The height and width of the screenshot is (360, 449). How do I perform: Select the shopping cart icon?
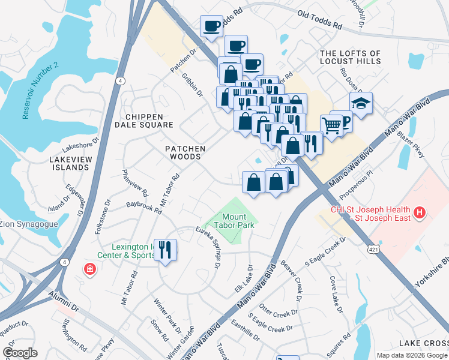(x=331, y=125)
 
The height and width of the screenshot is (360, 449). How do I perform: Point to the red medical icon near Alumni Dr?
(x=89, y=269)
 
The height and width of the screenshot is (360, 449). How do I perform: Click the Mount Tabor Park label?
(x=238, y=221)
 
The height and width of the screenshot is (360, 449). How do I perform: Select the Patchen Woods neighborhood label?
(x=185, y=152)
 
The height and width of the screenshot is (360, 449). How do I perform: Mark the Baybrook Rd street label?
(x=144, y=208)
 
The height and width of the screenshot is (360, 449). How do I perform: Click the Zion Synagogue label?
(x=29, y=224)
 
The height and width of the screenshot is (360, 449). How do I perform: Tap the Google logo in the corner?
(x=20, y=353)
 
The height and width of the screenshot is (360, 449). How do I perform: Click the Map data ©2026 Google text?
(x=412, y=355)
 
